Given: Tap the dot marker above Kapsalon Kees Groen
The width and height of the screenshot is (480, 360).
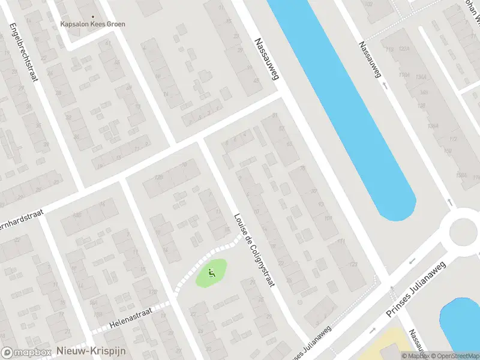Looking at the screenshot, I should (92, 17).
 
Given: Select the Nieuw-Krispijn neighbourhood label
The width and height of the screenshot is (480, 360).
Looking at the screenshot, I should (91, 351).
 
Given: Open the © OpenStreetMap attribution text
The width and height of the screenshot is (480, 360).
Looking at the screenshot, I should (453, 356).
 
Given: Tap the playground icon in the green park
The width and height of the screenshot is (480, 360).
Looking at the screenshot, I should (211, 274).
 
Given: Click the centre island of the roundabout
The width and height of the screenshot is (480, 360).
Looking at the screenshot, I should (466, 230).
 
